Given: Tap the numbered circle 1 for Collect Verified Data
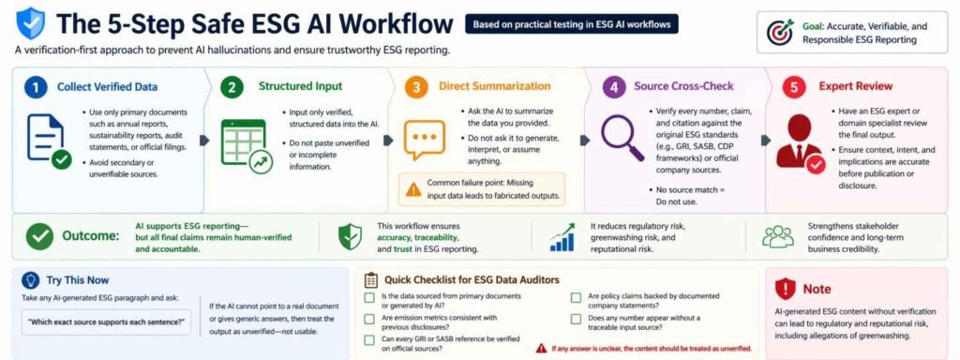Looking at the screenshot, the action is (x=35, y=87).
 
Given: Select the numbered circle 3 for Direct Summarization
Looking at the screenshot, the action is (x=416, y=87).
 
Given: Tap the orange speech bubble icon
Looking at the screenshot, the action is (x=424, y=141).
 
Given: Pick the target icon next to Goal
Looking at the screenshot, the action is (x=780, y=32).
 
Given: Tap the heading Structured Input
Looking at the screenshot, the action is (x=300, y=87).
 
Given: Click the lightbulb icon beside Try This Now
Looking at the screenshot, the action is (x=30, y=280).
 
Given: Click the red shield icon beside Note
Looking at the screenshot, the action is (x=786, y=288).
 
